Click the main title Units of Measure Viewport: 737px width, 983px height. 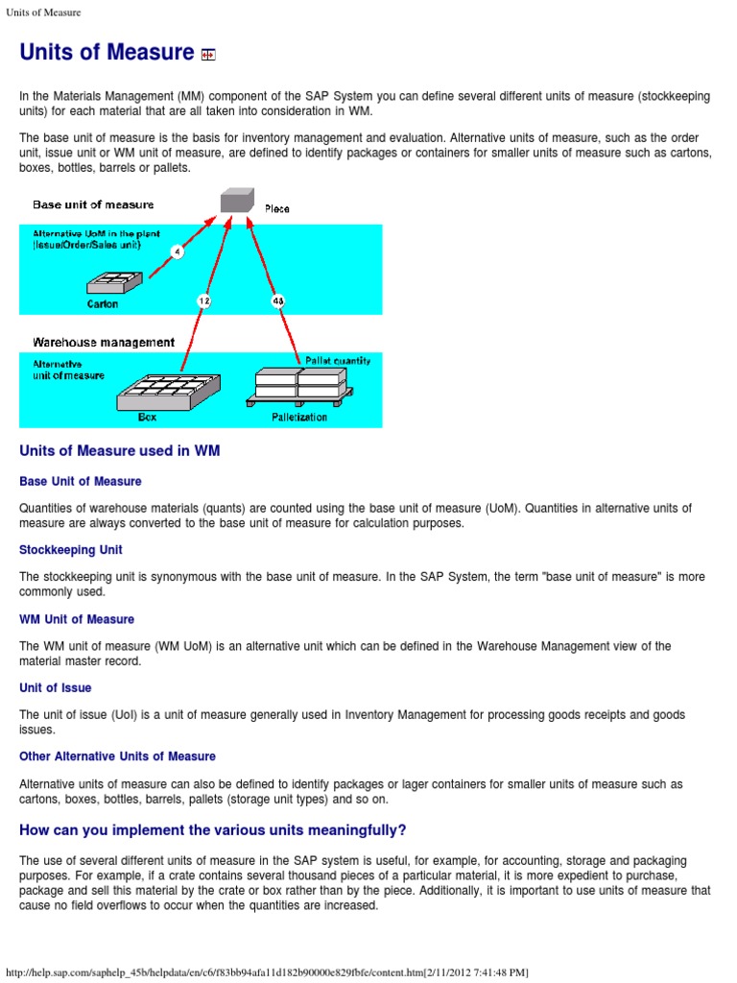pos(107,53)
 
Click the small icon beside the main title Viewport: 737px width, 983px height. pos(208,55)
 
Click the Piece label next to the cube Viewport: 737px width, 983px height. pos(276,208)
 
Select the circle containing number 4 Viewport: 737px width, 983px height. pos(177,252)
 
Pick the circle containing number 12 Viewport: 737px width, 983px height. pos(203,300)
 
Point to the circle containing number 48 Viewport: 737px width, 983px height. pos(278,300)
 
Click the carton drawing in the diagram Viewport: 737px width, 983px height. pos(114,282)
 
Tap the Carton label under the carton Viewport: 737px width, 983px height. pos(103,304)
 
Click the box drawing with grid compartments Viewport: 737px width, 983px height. pos(169,389)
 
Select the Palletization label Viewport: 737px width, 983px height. pos(299,418)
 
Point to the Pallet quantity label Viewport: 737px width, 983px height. pos(337,361)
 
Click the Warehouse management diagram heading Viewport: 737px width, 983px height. pos(104,342)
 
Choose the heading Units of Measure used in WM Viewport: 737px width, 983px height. pos(120,451)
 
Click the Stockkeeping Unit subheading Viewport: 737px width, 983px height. pos(71,550)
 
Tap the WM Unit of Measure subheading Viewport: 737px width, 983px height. pos(77,619)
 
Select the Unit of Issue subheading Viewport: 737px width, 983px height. pos(56,688)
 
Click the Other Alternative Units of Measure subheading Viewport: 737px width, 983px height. pos(117,756)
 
